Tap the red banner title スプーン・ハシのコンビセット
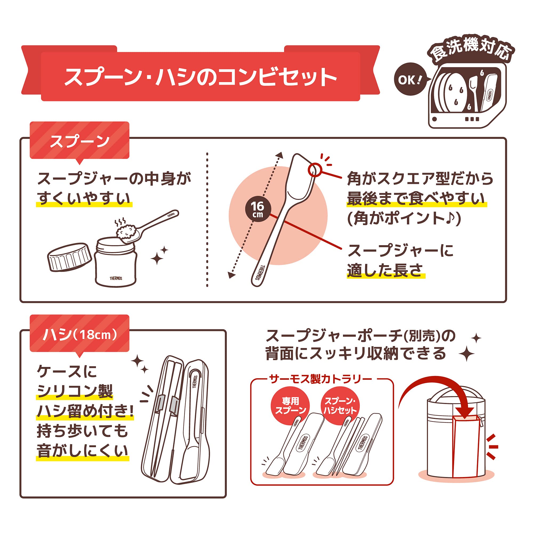[x=201, y=77]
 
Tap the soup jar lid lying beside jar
[x=69, y=257]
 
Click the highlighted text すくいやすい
[x=84, y=199]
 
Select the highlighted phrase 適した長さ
[x=385, y=270]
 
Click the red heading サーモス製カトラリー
[x=321, y=379]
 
